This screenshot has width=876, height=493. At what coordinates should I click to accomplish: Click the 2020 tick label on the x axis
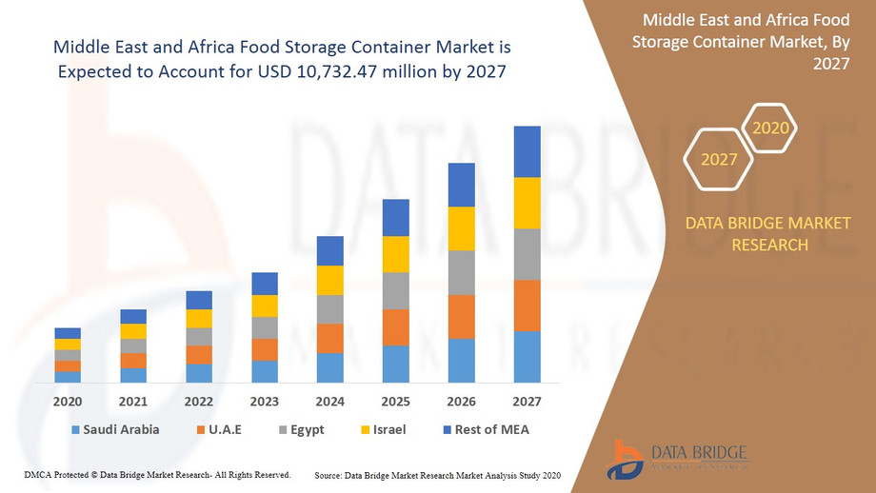pyautogui.click(x=68, y=401)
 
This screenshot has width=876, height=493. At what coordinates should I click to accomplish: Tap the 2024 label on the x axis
pyautogui.click(x=329, y=401)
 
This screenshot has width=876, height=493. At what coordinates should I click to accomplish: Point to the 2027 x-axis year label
pyautogui.click(x=527, y=401)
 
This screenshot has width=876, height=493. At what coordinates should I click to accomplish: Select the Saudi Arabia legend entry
pyautogui.click(x=114, y=429)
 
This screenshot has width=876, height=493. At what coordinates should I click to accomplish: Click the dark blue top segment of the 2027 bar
pyautogui.click(x=527, y=151)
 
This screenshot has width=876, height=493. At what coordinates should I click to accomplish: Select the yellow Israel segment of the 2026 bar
pyautogui.click(x=461, y=228)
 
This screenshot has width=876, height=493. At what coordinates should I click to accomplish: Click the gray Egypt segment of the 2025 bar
pyautogui.click(x=395, y=290)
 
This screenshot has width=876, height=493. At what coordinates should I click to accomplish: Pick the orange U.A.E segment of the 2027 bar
pyautogui.click(x=527, y=306)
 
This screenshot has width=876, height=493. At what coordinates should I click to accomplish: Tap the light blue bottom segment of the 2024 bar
pyautogui.click(x=329, y=367)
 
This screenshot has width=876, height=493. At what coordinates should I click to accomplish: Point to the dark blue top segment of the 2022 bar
pyautogui.click(x=199, y=300)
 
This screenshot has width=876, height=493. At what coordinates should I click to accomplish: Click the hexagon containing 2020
pyautogui.click(x=769, y=128)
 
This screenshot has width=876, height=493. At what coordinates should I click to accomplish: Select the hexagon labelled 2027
pyautogui.click(x=719, y=159)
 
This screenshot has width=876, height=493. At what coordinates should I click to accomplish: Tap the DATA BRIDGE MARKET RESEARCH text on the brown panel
pyautogui.click(x=768, y=234)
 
